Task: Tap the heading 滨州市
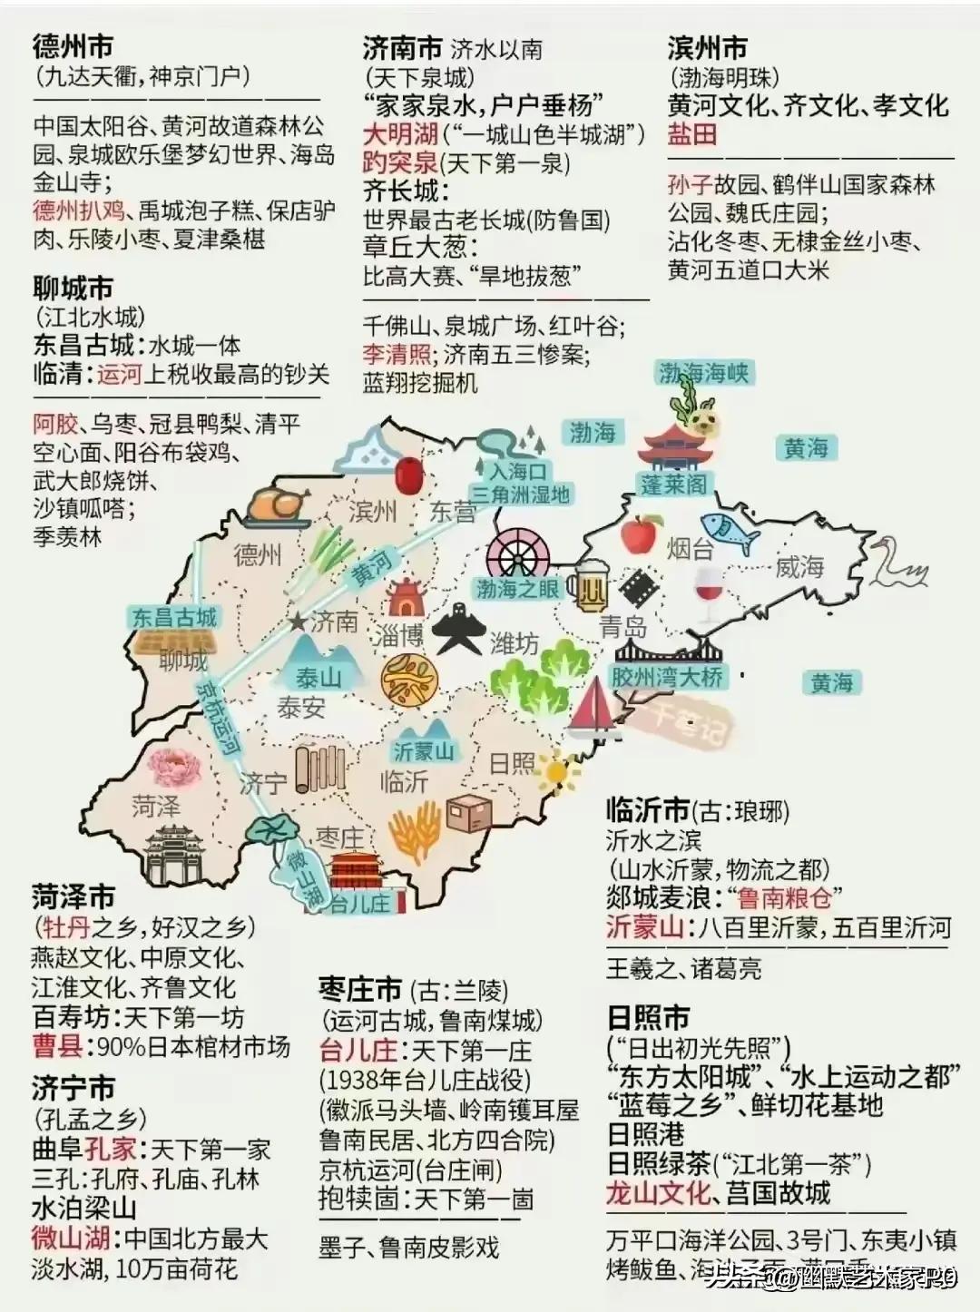708,47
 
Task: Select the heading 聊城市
73,289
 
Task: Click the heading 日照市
649,1017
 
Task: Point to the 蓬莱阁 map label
673,485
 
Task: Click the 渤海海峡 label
704,373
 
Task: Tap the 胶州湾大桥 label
667,676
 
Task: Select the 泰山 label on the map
318,677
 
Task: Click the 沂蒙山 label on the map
424,751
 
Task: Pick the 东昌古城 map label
174,619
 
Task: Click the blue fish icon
730,531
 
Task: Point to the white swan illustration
897,563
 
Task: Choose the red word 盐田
692,134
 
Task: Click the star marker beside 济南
298,622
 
